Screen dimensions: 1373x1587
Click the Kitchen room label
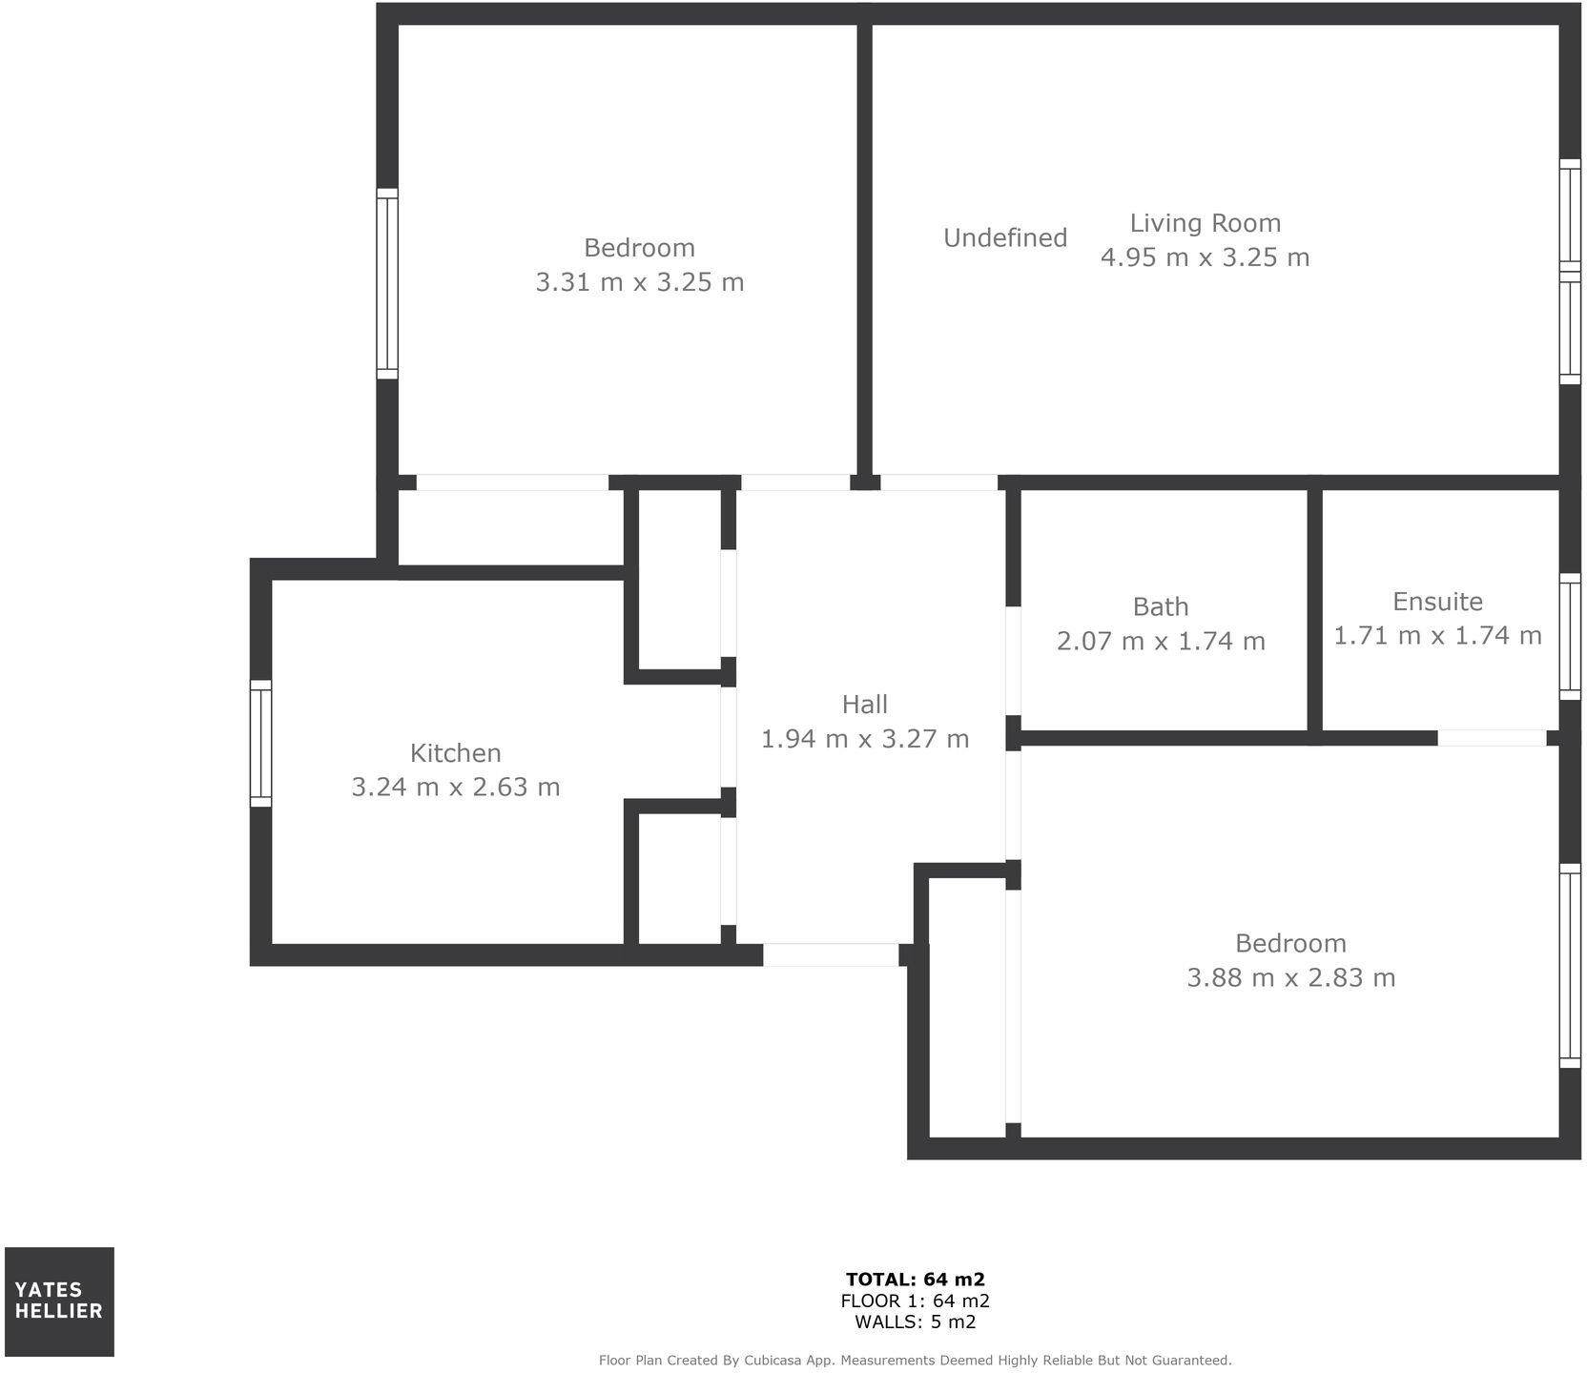coord(455,752)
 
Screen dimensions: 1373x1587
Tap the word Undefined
coord(1005,237)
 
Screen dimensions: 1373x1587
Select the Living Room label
coord(1205,222)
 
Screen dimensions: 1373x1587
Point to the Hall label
coord(864,704)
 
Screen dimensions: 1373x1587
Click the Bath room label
coord(1161,606)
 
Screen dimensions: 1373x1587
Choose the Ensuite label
coord(1437,602)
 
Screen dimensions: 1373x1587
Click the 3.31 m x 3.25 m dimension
coord(639,282)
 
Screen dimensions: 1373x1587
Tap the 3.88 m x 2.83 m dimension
coord(1290,977)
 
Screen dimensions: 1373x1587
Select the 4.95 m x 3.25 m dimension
coord(1205,257)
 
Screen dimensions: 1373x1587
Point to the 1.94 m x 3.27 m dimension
coord(864,738)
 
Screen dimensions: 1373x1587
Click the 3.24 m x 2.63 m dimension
coord(455,787)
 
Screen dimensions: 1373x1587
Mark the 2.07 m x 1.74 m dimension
coord(1161,641)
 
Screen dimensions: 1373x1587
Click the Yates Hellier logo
coord(59,1301)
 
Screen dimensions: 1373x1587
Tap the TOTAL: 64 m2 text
coord(915,1279)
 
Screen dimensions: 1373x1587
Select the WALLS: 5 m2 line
coord(915,1322)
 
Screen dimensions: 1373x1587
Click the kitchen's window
coord(260,743)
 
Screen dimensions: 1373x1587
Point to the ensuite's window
coord(1569,636)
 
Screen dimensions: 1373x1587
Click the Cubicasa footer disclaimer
coord(915,1360)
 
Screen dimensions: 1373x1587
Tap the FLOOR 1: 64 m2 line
coord(915,1301)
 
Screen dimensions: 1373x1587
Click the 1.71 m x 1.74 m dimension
coord(1437,635)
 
